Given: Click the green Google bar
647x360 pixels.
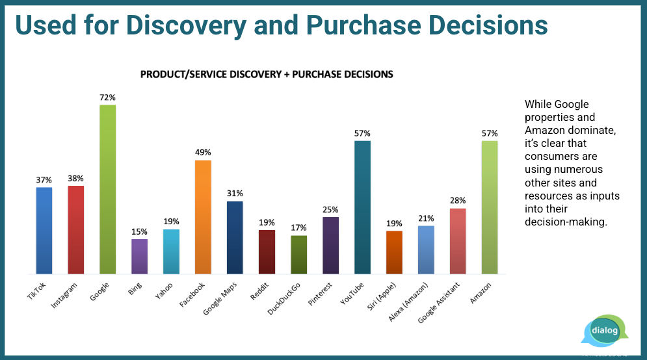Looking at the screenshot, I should tap(107, 188).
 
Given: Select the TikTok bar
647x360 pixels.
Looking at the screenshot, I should tap(44, 230).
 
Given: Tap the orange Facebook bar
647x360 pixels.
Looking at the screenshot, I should tap(203, 216).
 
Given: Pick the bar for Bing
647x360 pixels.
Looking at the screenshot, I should tap(139, 256).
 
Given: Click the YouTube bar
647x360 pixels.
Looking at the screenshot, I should tap(362, 207).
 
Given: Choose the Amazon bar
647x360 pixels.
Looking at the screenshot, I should tap(490, 207).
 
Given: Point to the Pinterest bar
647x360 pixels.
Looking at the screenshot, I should tap(330, 245).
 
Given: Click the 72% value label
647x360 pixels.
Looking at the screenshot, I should tap(107, 97).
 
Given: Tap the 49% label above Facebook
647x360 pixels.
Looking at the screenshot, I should tap(203, 152).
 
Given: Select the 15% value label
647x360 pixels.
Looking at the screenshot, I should tap(139, 231).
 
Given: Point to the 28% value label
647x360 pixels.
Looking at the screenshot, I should tap(458, 200).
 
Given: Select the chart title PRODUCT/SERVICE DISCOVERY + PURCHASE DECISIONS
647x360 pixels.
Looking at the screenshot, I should tap(267, 74).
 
